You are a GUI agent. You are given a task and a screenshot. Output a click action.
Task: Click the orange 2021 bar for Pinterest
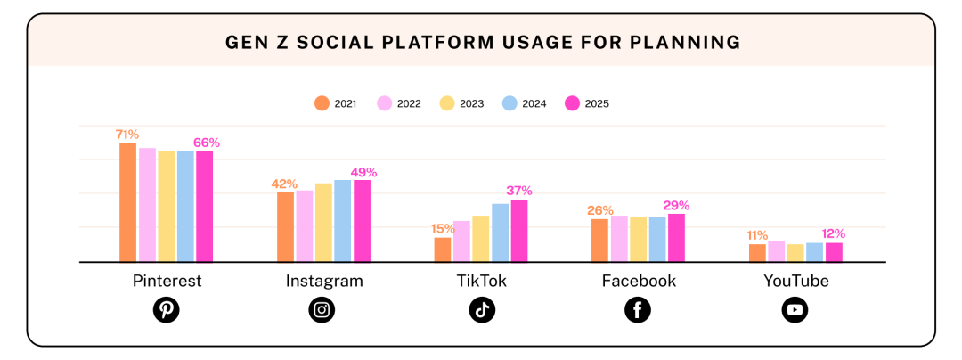(127, 202)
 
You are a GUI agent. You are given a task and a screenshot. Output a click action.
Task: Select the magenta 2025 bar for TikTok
(519, 231)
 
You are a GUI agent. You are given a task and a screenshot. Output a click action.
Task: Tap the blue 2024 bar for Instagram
(342, 221)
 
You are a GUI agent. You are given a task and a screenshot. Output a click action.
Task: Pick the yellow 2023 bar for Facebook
(638, 239)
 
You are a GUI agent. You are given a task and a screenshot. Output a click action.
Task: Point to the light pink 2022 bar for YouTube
(776, 251)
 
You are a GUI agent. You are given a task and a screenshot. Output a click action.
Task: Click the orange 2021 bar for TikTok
(443, 250)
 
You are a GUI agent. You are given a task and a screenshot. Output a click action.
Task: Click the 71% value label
(127, 135)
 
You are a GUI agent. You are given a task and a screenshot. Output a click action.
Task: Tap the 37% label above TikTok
(519, 192)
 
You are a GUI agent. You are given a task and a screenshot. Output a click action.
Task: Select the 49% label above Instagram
(363, 172)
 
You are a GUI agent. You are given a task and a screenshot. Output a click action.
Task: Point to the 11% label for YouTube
(757, 235)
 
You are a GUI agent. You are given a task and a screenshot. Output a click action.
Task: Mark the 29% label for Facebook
(677, 206)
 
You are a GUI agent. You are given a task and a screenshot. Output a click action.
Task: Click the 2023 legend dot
(447, 103)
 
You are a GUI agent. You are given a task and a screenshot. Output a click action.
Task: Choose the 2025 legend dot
(571, 103)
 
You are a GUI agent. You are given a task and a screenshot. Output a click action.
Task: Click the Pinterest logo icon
(167, 310)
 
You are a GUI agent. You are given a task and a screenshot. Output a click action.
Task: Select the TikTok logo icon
(482, 310)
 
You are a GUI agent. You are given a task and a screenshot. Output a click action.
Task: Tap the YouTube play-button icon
(795, 310)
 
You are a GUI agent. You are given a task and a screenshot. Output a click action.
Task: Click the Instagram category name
(324, 282)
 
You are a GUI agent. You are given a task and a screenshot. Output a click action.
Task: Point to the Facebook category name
(639, 281)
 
